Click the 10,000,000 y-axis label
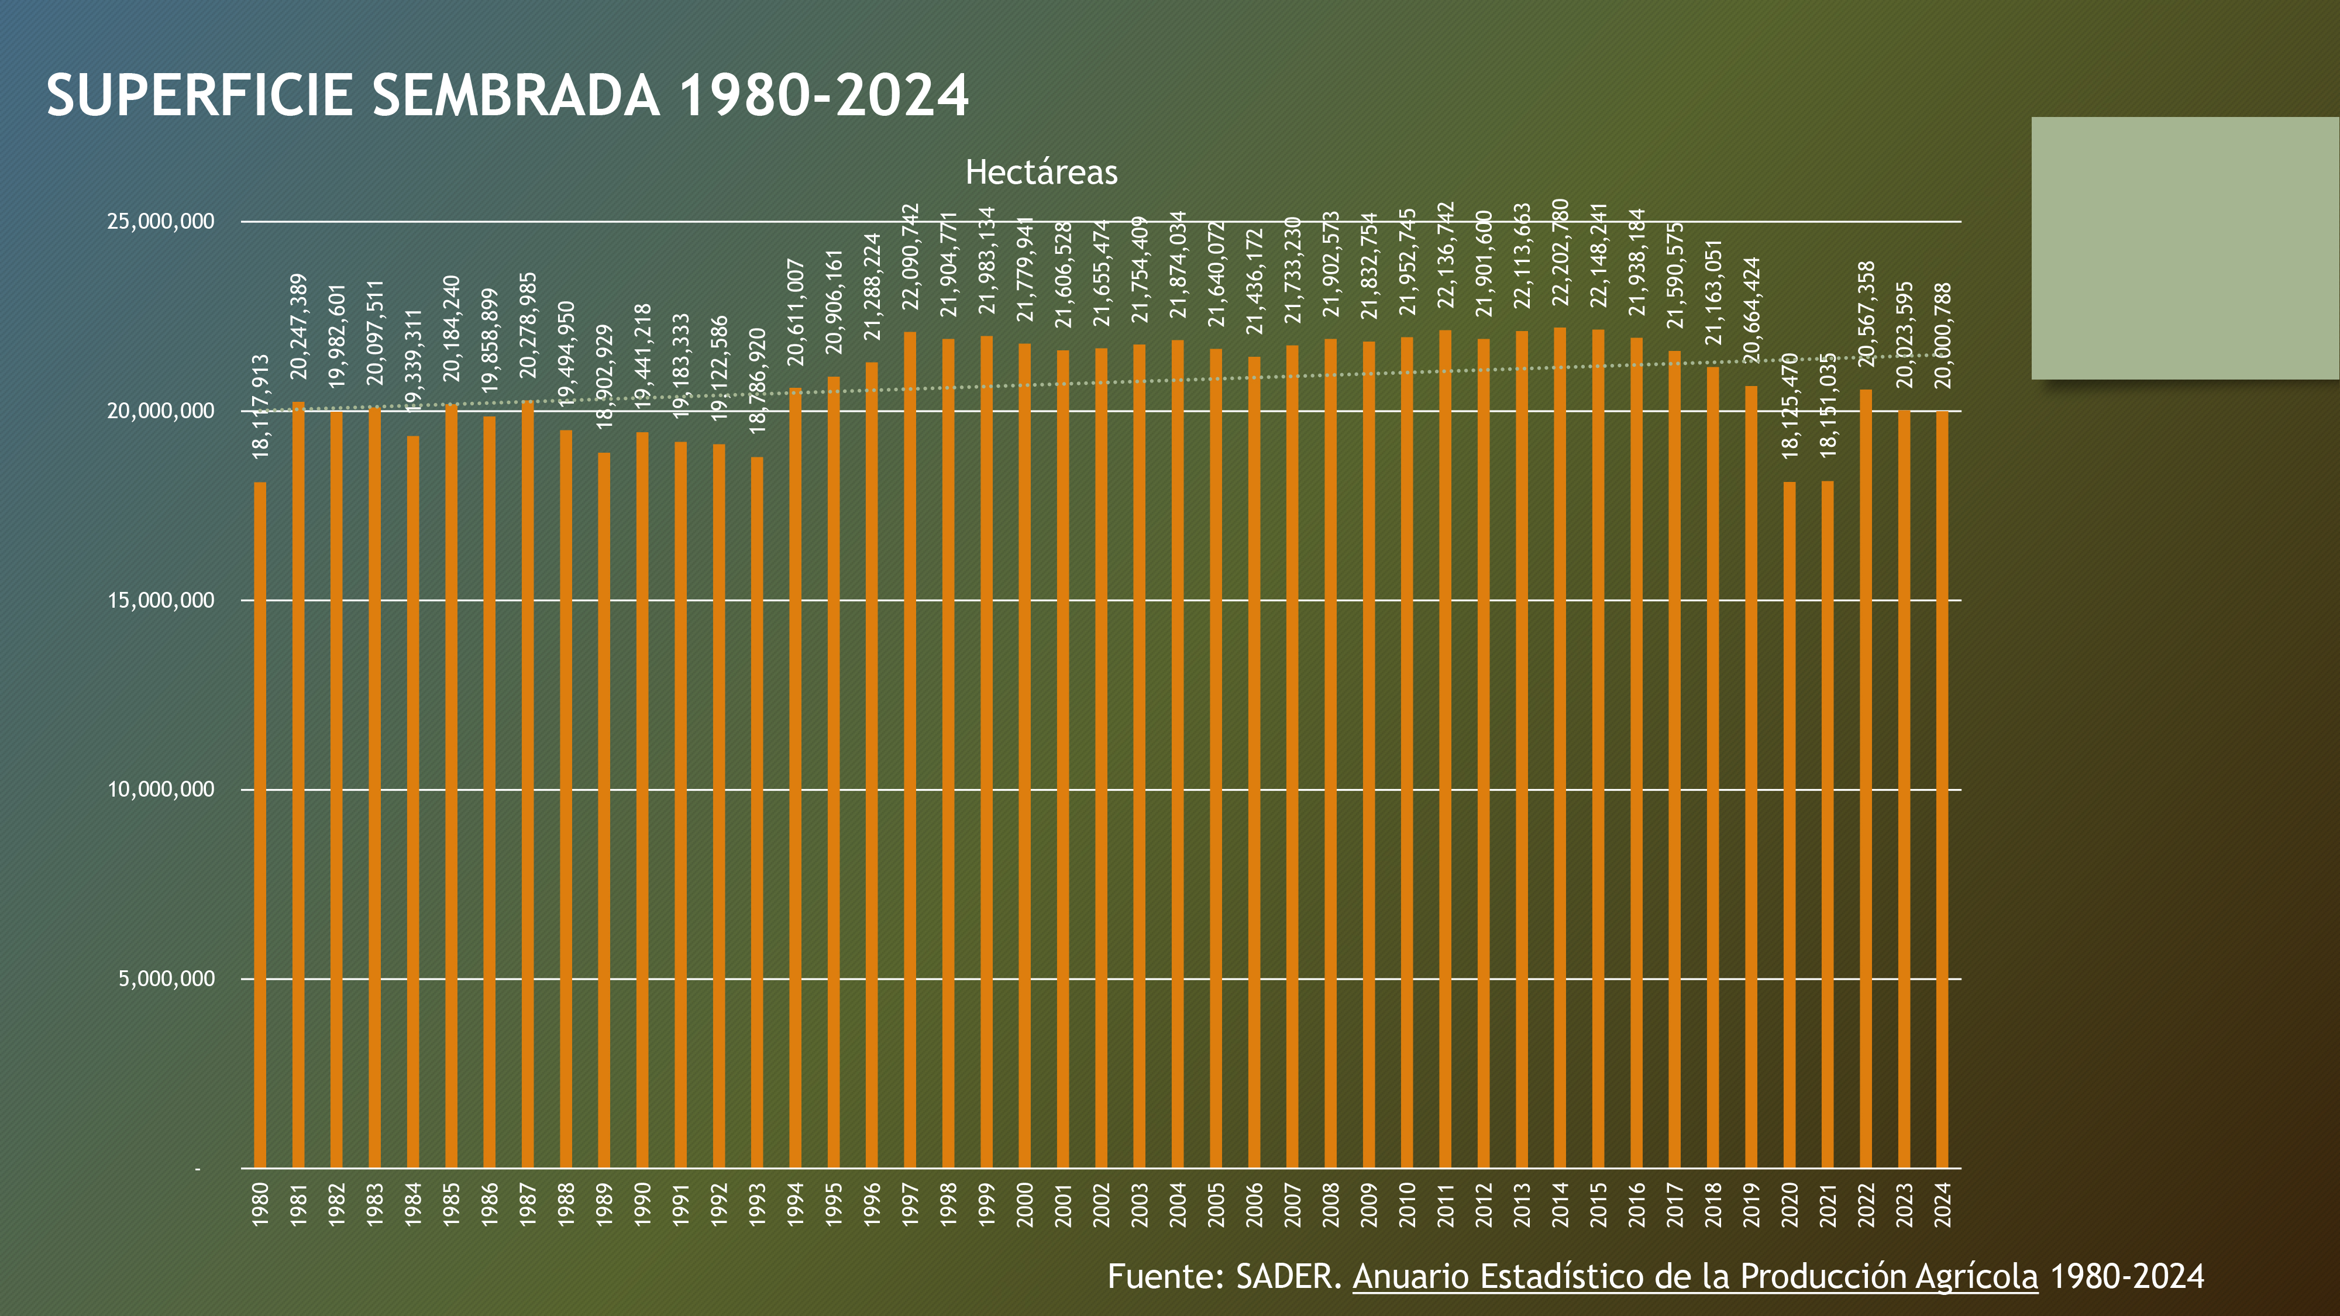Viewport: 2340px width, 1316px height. pyautogui.click(x=161, y=789)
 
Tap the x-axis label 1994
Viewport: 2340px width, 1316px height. pyautogui.click(x=796, y=1204)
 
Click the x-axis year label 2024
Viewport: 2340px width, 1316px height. pyautogui.click(x=1943, y=1204)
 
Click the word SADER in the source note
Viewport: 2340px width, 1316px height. pyautogui.click(x=1288, y=1276)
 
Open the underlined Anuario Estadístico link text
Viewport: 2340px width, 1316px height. pyautogui.click(x=1695, y=1276)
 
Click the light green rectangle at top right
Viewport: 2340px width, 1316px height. pyautogui.click(x=2184, y=248)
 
